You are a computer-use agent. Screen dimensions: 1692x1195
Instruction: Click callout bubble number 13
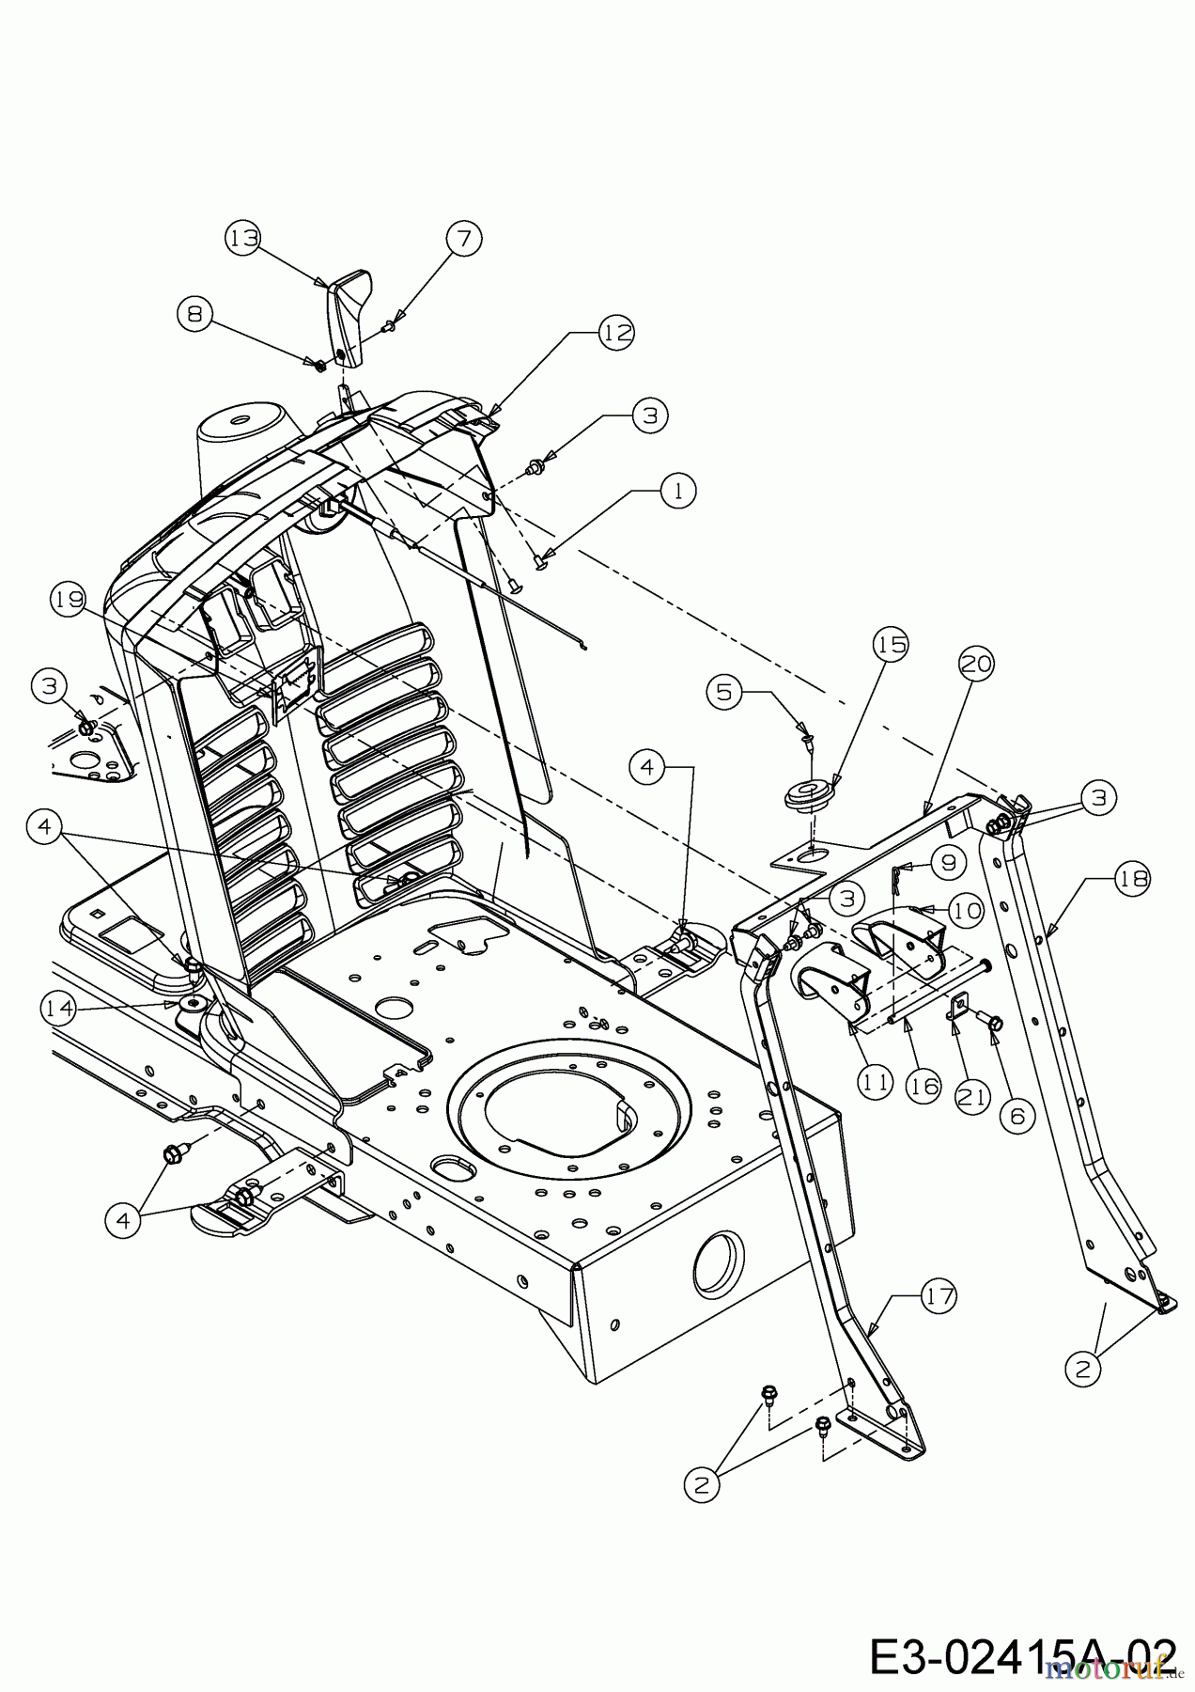[243, 238]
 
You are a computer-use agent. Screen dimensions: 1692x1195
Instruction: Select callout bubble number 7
[463, 238]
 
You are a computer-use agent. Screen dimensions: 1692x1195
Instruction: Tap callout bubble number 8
[194, 313]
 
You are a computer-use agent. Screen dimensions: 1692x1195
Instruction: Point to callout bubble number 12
[616, 332]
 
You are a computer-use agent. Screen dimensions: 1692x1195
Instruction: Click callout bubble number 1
[678, 489]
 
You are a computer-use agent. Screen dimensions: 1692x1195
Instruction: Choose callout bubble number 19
[70, 599]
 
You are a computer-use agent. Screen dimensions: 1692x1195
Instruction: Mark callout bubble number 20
[976, 664]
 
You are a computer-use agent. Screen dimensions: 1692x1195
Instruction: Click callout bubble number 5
[723, 693]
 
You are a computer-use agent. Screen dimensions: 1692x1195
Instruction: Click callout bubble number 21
[971, 1096]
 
